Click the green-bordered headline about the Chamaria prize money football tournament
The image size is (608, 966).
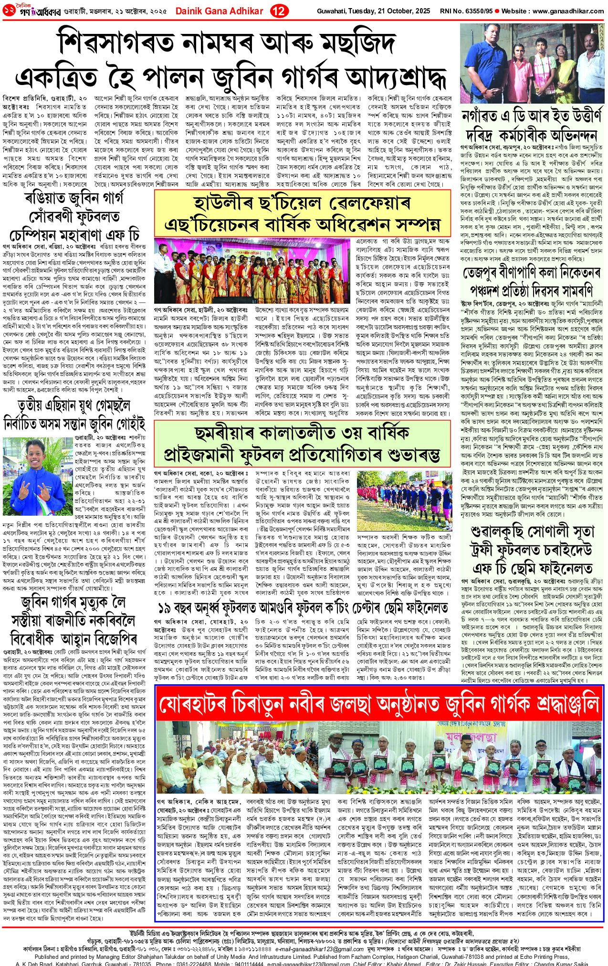[x=302, y=444]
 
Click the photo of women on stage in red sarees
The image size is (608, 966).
[x=253, y=270]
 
